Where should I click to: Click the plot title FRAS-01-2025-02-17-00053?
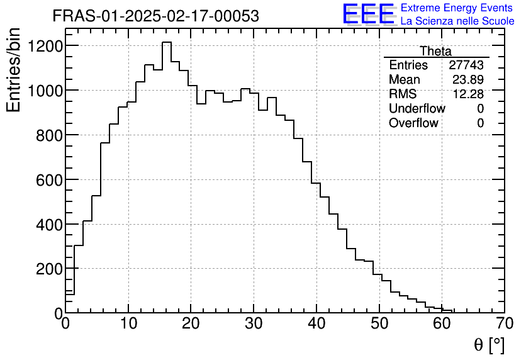155,16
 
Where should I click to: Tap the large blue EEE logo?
369,14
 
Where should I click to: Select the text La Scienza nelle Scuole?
457,21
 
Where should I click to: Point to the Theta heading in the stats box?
435,51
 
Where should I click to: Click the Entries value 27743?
466,65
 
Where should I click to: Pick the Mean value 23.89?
468,80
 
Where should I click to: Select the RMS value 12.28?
468,94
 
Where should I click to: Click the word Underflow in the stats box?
417,109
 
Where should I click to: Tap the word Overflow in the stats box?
413,123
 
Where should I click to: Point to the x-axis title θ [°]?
489,345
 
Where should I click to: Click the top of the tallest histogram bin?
166,43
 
